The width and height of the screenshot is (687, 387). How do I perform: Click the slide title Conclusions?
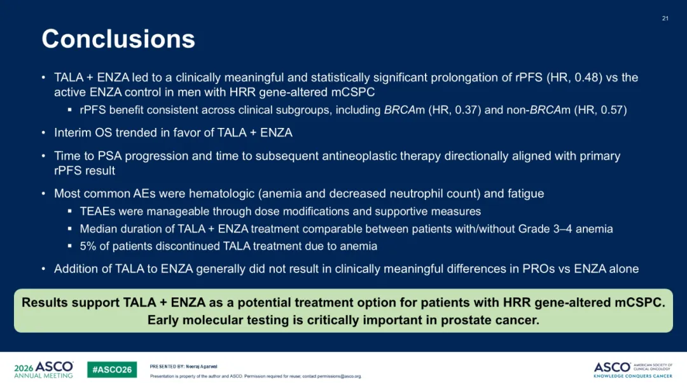click(118, 39)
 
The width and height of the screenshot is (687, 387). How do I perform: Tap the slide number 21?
click(665, 18)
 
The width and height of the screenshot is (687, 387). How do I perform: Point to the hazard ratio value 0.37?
click(466, 110)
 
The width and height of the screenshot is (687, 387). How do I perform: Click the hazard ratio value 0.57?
click(611, 110)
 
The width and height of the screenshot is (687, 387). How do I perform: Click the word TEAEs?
click(97, 212)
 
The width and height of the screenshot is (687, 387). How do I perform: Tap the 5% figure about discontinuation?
click(88, 246)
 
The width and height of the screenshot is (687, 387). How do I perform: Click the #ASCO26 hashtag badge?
click(112, 370)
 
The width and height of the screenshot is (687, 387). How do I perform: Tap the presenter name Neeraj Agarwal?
click(202, 367)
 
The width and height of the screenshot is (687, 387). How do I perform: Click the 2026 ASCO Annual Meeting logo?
click(44, 370)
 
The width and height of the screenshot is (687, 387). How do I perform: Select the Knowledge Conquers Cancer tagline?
click(633, 376)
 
